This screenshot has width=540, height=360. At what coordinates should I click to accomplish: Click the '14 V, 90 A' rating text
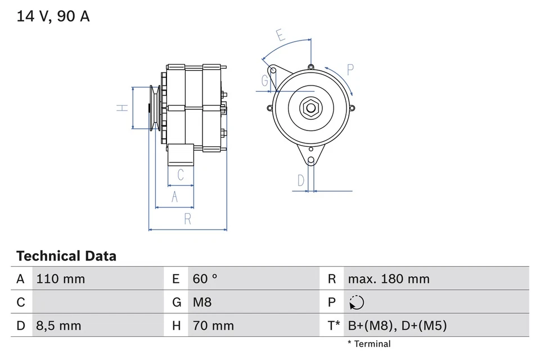(x=53, y=17)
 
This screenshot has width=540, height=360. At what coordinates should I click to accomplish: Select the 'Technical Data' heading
(x=66, y=256)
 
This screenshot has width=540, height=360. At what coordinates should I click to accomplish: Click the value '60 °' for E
(x=205, y=279)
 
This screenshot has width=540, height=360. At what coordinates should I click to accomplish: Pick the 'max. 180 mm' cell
(x=388, y=279)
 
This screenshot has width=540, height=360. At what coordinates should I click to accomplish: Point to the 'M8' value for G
(x=202, y=303)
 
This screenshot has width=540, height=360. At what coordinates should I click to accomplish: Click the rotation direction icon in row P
(x=356, y=303)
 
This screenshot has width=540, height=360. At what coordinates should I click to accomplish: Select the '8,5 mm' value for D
(x=58, y=326)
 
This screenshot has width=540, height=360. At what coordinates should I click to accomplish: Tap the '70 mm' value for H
(x=213, y=326)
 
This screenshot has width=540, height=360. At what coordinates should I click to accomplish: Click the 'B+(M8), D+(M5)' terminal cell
(x=397, y=326)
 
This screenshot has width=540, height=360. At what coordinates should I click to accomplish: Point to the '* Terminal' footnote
(x=368, y=344)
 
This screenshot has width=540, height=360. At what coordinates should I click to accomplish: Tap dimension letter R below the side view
(x=188, y=219)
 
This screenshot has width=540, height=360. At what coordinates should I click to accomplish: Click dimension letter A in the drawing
(x=174, y=197)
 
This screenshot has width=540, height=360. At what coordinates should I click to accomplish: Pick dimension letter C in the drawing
(x=181, y=175)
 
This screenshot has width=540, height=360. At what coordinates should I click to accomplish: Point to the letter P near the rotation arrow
(x=350, y=70)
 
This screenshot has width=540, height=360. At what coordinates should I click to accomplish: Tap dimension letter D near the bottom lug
(x=301, y=181)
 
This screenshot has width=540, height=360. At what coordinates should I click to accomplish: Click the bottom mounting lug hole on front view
(x=310, y=161)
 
